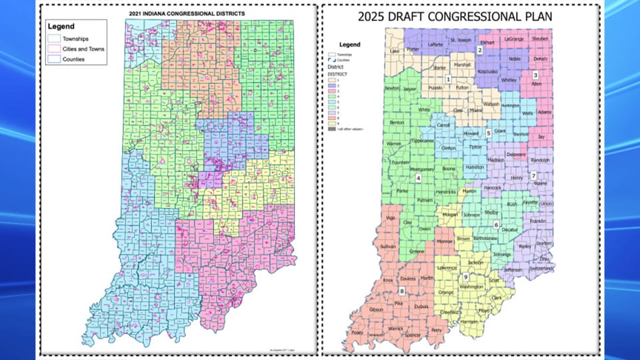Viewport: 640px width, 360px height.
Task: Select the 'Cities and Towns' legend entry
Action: click(84, 49)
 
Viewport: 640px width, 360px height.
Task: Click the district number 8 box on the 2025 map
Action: click(401, 291)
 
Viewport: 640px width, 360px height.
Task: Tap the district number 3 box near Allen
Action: click(535, 75)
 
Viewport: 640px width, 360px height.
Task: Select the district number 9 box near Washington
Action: click(465, 277)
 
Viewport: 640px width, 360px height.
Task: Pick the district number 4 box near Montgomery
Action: click(418, 178)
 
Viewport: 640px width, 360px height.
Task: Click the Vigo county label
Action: click(390, 218)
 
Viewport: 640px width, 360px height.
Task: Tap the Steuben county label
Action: click(540, 39)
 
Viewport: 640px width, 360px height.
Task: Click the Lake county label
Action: click(394, 51)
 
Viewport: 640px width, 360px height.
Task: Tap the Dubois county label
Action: click(421, 306)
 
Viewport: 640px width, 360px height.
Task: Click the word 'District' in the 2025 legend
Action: click(336, 67)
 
